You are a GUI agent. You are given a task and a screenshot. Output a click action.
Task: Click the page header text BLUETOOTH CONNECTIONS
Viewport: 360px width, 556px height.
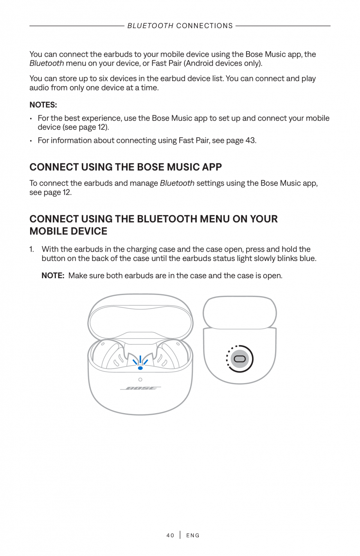pos(180,26)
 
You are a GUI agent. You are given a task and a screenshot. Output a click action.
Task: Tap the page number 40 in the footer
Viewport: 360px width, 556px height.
pos(170,535)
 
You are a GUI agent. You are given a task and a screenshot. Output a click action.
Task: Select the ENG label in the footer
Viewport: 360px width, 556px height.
pos(193,535)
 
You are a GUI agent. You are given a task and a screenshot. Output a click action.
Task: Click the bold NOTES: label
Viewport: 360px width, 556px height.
pos(43,105)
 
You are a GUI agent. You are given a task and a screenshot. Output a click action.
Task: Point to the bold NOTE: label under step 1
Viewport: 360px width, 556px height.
pos(53,275)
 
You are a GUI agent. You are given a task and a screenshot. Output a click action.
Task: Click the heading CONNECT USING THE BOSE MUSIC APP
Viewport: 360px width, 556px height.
pos(126,167)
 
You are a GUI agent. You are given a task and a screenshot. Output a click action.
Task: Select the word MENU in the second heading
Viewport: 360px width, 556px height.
pos(214,219)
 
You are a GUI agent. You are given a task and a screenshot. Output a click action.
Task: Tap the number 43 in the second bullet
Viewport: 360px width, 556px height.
pos(250,140)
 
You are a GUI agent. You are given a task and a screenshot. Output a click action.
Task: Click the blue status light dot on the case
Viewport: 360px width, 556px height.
pos(140,368)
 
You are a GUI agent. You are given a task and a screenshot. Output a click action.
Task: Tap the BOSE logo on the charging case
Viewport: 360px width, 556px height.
pos(140,388)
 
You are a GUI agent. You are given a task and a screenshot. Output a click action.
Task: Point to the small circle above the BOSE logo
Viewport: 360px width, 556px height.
pos(140,380)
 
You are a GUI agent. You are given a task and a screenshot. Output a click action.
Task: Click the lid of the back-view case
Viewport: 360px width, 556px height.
pos(239,312)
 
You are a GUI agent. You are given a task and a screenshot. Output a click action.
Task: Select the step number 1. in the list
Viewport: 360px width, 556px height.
pos(32,249)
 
